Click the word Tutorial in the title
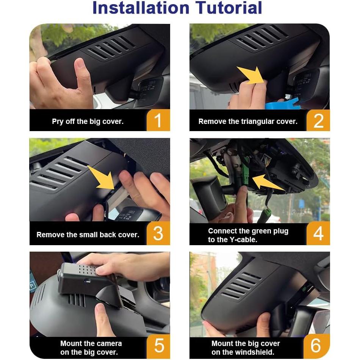tap(229, 8)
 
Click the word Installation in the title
tap(141, 8)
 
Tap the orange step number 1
tap(158, 120)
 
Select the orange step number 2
tap(318, 120)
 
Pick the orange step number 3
tap(158, 233)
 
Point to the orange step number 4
tap(318, 234)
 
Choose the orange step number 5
tap(159, 346)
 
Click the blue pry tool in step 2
tap(282, 104)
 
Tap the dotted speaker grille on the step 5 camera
tap(87, 270)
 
